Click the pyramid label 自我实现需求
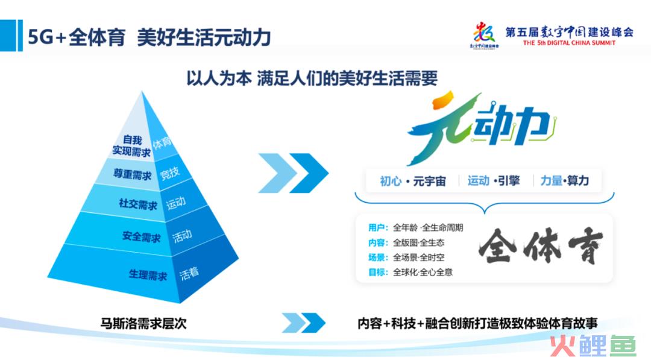pos(131,146)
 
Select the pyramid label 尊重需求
pos(133,174)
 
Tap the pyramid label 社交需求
pos(138,204)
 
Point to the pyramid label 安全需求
pos(141,236)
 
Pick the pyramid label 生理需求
pos(148,275)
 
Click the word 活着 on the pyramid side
pos(189,274)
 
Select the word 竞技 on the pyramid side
pos(170,172)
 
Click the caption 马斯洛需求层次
pos(143,323)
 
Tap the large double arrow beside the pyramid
pos(293,172)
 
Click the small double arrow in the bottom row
pos(303,323)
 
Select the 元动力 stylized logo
pos(482,127)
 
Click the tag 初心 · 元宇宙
pos(413,181)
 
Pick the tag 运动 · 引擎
pos(494,181)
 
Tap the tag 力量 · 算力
pos(565,181)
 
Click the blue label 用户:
pos(378,227)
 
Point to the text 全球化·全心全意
pos(423,273)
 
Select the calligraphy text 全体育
pos(541,246)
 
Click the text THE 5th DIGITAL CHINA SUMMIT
pos(569,43)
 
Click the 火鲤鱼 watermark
pos(593,346)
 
